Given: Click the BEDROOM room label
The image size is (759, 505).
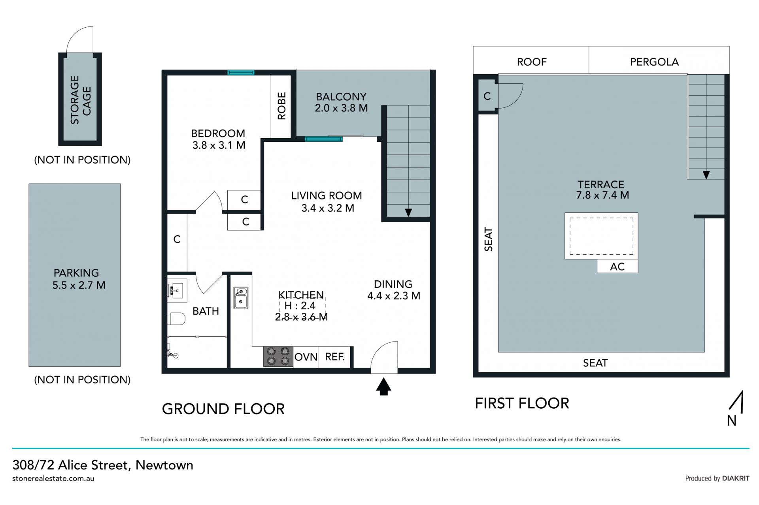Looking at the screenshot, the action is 218,133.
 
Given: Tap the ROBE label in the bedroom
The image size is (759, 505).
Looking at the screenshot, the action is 281,106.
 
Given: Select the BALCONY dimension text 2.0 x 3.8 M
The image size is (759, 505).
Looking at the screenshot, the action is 341,108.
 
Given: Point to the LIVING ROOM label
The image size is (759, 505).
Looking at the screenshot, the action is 327,195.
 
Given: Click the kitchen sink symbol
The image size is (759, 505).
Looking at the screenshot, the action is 241,298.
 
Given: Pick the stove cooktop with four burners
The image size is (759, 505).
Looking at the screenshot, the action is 278,357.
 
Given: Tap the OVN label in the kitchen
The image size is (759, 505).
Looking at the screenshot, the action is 306,357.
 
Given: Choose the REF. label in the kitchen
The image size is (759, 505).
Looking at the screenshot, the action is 335,357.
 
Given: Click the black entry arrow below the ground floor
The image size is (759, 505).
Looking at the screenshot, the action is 383,387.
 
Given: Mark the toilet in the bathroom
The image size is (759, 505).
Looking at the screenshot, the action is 176,319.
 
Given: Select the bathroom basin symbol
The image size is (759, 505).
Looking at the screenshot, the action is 177,291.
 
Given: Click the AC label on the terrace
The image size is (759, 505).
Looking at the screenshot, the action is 617,267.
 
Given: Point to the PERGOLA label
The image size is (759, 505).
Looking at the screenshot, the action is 654,62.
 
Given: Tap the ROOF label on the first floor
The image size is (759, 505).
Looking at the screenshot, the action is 532,62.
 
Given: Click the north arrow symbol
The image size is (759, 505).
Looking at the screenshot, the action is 736,402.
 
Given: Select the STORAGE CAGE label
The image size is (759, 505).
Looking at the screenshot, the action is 80,100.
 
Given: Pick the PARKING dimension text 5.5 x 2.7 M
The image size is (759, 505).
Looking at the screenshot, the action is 79,285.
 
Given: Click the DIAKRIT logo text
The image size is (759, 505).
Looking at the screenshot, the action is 736,478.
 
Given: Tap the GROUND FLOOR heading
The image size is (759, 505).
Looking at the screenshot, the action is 223,409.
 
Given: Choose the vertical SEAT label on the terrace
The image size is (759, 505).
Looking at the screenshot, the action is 489,239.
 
